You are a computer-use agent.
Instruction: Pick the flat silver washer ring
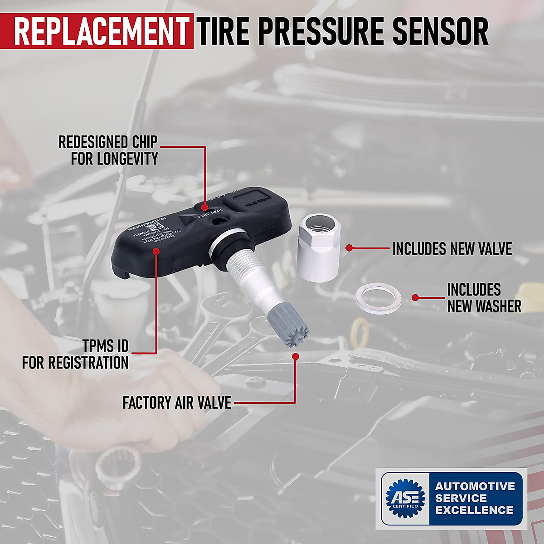pyautogui.click(x=379, y=298)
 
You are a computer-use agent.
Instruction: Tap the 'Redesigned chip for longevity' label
pyautogui.click(x=108, y=150)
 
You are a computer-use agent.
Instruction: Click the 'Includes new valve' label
pyautogui.click(x=452, y=248)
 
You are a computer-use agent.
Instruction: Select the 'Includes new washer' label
pyautogui.click(x=484, y=298)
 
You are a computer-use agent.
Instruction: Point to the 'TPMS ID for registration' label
pyautogui.click(x=75, y=355)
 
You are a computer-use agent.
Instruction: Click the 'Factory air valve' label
pyautogui.click(x=177, y=402)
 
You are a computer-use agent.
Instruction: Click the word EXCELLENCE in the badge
pyautogui.click(x=474, y=510)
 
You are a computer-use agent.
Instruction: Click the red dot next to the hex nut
pyautogui.click(x=349, y=248)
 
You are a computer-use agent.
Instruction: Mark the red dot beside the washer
pyautogui.click(x=415, y=298)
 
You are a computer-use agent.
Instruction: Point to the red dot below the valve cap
pyautogui.click(x=296, y=357)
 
